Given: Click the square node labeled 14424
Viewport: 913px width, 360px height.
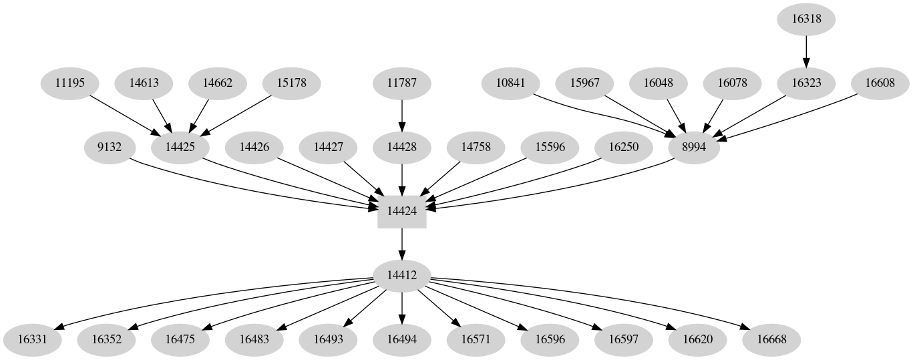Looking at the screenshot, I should (x=402, y=211).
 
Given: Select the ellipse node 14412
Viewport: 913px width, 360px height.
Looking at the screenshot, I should (x=402, y=276).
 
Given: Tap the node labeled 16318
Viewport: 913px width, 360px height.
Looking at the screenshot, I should (x=806, y=19).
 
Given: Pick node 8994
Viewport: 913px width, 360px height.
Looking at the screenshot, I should (x=695, y=147).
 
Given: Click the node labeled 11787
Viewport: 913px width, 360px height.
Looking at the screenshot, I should (x=402, y=83).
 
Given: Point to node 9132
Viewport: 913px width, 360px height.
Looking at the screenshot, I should (x=110, y=147).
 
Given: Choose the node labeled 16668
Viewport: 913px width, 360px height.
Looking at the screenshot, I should (x=771, y=339).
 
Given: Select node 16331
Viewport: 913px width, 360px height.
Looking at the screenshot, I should (x=32, y=339).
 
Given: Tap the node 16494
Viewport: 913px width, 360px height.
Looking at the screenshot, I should (x=402, y=339).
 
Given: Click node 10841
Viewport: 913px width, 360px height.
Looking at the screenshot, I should (x=512, y=83).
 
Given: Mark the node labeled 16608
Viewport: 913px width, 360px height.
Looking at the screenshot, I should (x=881, y=83).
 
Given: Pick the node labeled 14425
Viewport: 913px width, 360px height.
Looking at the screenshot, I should (x=180, y=147).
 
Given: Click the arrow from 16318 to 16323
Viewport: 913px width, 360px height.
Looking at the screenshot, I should (x=806, y=51).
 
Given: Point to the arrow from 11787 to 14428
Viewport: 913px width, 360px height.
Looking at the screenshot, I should (x=402, y=115).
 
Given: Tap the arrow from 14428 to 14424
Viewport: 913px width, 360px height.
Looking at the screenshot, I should (x=402, y=179).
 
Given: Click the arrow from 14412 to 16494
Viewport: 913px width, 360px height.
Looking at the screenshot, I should (x=402, y=307).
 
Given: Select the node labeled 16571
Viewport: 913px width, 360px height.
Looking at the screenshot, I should (x=476, y=339).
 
